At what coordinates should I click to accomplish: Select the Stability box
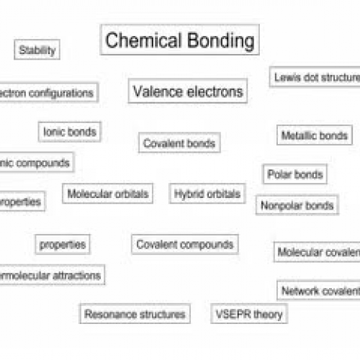point(37,50)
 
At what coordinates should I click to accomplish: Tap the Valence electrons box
point(188,91)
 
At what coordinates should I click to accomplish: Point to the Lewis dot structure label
point(315,77)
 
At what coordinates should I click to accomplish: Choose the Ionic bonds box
point(70,132)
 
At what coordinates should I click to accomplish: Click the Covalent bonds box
point(179,143)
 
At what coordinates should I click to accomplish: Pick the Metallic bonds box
point(315,135)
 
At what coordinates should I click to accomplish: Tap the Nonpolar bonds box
point(297,205)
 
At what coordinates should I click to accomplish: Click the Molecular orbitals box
point(107,194)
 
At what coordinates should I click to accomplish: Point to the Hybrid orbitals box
point(207,194)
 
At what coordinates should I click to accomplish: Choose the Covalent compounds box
point(184,245)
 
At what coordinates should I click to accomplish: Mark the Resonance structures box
point(135,314)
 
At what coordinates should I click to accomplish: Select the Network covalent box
point(319,291)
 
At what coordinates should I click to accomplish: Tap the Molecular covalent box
point(318,252)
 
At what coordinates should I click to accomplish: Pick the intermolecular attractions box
point(50,275)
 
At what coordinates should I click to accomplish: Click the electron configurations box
point(48,93)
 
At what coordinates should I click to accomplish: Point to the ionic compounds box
point(35,163)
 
